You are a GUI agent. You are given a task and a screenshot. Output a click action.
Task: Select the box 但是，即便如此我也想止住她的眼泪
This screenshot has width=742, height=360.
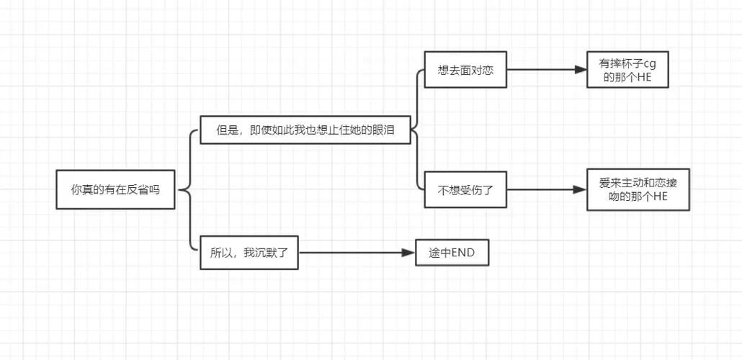(305, 130)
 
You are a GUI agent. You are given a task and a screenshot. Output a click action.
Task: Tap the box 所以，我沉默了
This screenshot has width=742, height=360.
(249, 253)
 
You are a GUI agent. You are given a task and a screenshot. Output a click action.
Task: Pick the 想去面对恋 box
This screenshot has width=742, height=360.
(465, 71)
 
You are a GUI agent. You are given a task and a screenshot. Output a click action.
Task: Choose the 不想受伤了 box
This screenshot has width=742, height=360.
(465, 191)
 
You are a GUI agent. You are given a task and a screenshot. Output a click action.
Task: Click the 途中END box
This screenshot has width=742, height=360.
(452, 253)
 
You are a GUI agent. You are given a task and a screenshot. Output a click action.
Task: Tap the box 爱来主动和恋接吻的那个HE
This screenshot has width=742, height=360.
(638, 190)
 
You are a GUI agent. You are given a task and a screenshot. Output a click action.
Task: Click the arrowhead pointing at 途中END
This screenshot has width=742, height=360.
(410, 253)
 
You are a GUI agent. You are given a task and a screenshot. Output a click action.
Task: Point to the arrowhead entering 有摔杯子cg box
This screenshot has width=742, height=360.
(581, 71)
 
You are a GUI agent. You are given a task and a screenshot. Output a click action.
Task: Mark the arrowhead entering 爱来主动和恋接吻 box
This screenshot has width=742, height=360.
(580, 190)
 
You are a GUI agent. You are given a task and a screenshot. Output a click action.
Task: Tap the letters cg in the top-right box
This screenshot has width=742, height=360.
(650, 63)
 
